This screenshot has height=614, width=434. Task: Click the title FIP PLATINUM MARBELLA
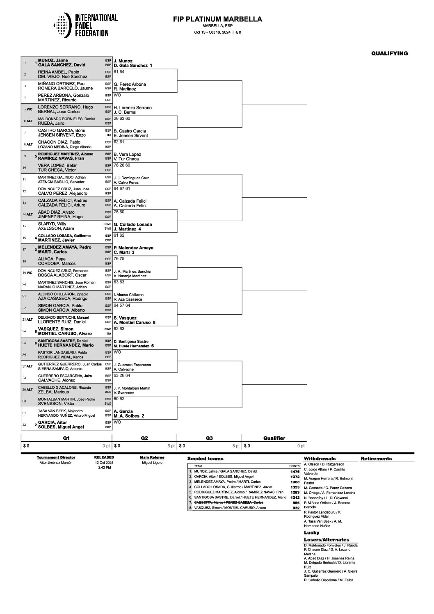click(217, 19)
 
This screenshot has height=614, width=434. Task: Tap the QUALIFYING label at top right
click(389, 53)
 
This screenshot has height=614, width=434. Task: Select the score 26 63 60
click(122, 119)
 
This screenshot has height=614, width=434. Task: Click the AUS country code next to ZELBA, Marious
click(108, 392)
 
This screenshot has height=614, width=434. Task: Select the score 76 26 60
click(122, 165)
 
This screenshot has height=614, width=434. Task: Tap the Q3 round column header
click(209, 438)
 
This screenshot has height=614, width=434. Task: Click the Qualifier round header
click(274, 438)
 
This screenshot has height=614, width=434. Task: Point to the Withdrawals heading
click(320, 459)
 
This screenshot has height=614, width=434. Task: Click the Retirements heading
click(376, 459)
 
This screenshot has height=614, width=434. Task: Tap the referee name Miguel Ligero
click(152, 463)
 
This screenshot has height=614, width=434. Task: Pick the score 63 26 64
click(122, 375)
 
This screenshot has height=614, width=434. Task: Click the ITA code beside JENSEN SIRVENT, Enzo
click(109, 135)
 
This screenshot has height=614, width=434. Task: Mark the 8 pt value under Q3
click(236, 446)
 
